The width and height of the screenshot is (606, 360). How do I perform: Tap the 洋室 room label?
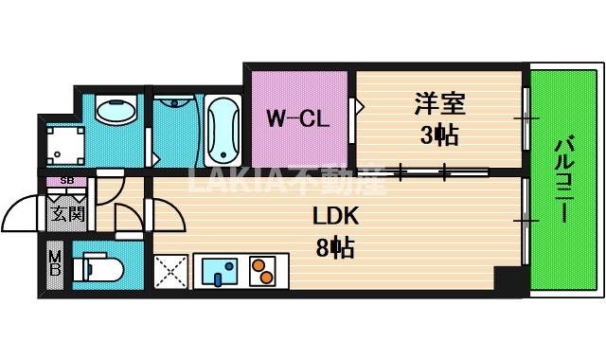pyautogui.click(x=439, y=101)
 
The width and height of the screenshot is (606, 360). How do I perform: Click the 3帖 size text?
pyautogui.click(x=439, y=135)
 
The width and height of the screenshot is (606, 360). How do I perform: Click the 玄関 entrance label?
pyautogui.click(x=68, y=213)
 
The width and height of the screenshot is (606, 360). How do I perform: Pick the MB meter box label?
pyautogui.click(x=55, y=264)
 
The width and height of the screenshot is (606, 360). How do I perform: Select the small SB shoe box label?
pyautogui.click(x=67, y=180)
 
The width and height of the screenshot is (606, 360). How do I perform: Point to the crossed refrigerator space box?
pyautogui.click(x=171, y=272)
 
